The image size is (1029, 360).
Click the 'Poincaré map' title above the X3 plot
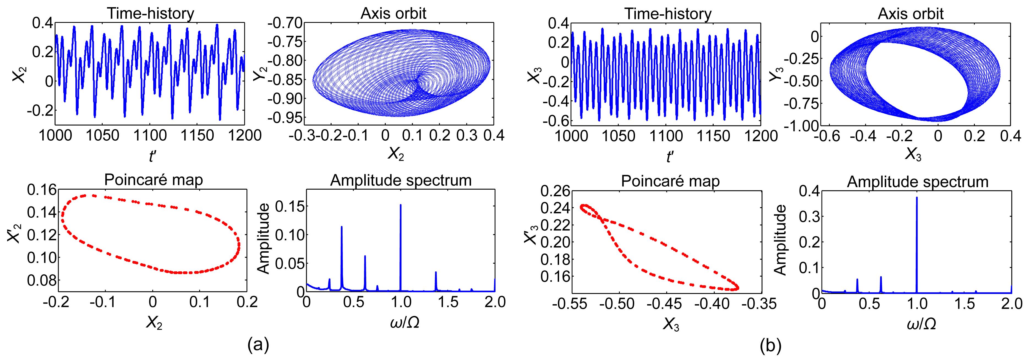(670, 181)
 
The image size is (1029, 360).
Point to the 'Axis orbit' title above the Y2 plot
(393, 13)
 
